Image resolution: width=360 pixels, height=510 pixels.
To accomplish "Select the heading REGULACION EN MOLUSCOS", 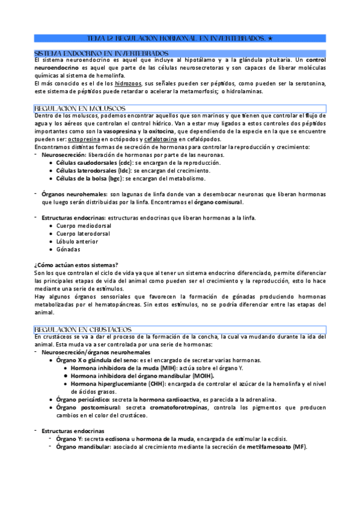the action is [x=81, y=108].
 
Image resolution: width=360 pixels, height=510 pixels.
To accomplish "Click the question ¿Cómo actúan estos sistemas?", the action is [x=76, y=265].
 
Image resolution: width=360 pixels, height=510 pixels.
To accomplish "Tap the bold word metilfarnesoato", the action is [x=269, y=447].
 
